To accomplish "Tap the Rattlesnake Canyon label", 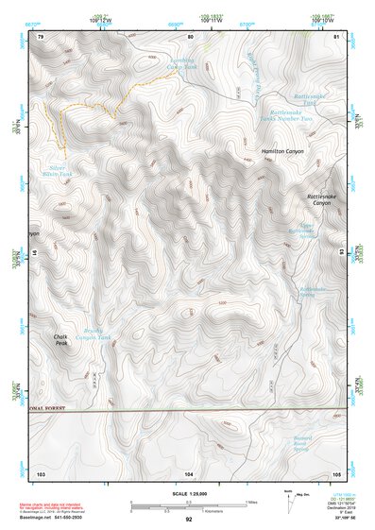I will [320, 199].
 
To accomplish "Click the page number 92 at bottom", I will [188, 520].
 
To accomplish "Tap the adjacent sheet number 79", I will [41, 37].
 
